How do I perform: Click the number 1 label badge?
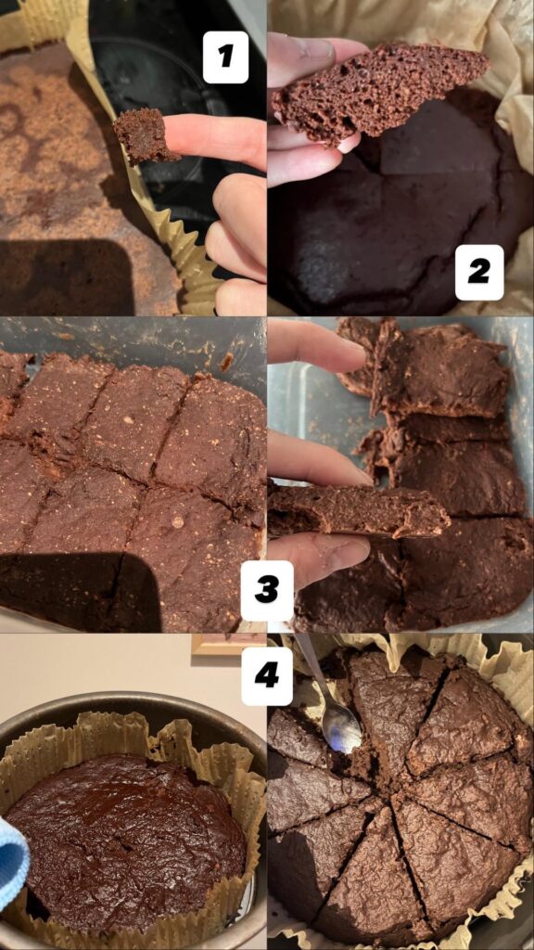[225, 57]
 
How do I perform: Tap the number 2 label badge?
[479, 272]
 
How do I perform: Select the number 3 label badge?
[267, 590]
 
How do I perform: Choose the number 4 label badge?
[267, 674]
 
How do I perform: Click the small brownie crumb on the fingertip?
[145, 135]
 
